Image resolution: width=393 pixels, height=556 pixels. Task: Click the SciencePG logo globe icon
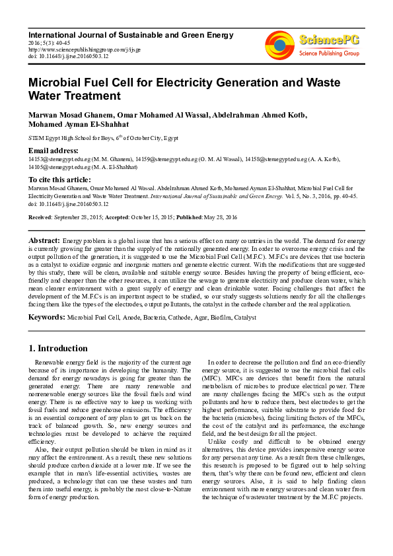(x=280, y=45)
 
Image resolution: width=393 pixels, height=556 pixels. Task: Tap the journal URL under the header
(x=75, y=49)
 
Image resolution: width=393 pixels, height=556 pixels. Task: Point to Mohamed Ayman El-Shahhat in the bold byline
(x=78, y=124)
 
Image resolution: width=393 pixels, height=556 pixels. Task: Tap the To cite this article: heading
(x=59, y=179)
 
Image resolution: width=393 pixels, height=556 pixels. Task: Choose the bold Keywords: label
(x=46, y=318)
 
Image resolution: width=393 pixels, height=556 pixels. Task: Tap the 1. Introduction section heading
(x=57, y=348)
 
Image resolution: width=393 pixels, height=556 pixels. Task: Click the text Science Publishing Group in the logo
(x=329, y=53)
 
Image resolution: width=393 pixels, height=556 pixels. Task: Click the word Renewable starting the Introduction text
(x=52, y=363)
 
